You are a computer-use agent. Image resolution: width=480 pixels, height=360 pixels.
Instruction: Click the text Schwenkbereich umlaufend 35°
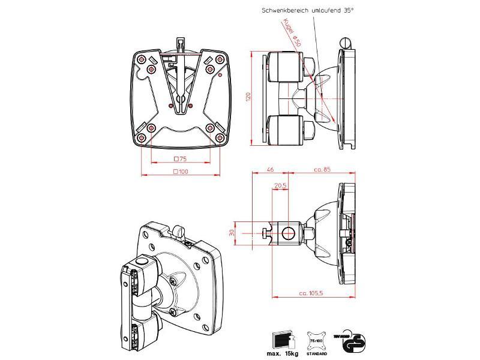pyautogui.click(x=307, y=10)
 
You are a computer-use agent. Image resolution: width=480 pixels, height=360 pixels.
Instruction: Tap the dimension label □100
pyautogui.click(x=180, y=172)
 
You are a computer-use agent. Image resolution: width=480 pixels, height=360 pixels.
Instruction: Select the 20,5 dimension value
pyautogui.click(x=280, y=185)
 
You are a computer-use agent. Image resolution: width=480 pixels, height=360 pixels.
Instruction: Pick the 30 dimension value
pyautogui.click(x=233, y=232)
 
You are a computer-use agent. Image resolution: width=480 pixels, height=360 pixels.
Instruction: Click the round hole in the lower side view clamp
pyautogui.click(x=287, y=231)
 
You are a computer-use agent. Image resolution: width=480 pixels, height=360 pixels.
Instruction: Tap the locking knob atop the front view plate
pyautogui.click(x=180, y=44)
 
